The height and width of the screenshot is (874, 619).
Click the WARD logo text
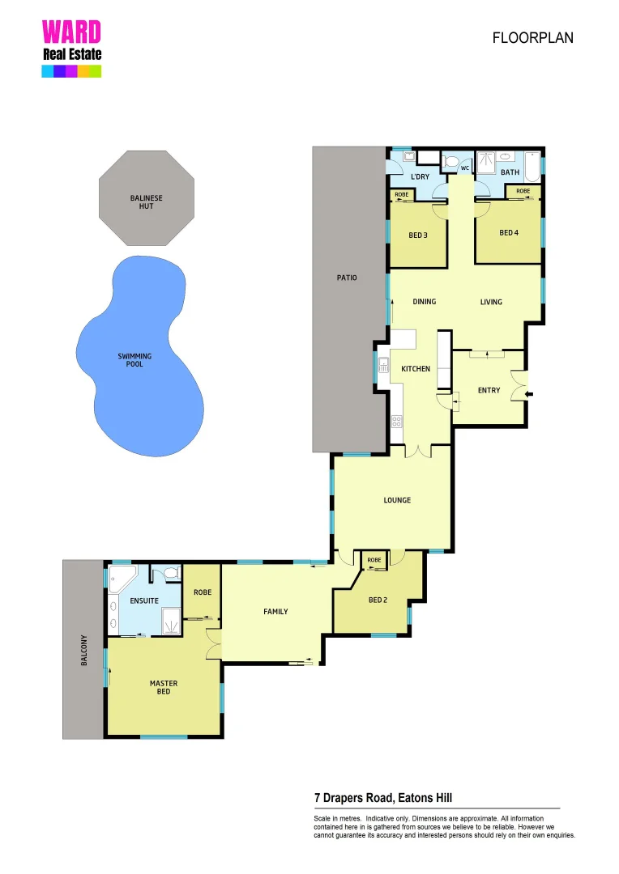pos(71,32)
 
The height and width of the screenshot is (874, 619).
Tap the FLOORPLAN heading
pos(532,38)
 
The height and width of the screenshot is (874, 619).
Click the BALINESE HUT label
pos(147,202)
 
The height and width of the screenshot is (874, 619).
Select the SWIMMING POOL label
pos(134,360)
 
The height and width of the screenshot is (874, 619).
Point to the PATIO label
pos(347,278)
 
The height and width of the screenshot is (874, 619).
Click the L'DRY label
pos(420,176)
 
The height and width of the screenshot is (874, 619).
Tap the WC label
pos(465,168)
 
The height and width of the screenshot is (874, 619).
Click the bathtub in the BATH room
pos(531,168)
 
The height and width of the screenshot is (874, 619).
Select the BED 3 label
pos(418,235)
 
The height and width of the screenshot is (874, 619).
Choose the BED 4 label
pos(508,233)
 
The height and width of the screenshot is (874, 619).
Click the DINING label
pos(424,302)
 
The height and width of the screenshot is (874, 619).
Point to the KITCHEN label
pos(416,369)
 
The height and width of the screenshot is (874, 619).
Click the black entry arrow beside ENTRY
pos(530,394)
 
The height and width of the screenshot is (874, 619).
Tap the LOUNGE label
pos(397,500)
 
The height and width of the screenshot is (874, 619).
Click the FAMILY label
pos(275,612)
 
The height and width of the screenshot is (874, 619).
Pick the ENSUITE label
pos(144,601)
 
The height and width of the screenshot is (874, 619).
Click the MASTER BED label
pos(164,687)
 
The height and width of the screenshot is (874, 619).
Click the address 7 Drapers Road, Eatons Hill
pos(388,797)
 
